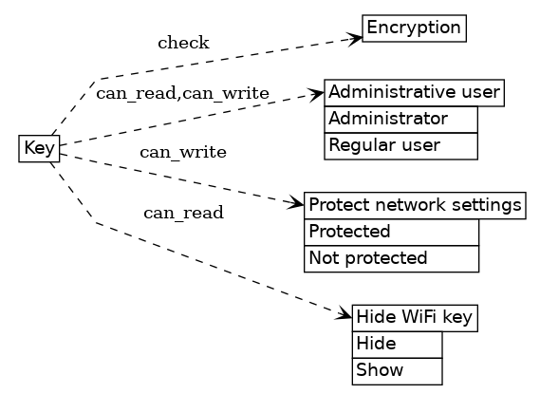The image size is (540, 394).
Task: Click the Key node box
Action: tap(39, 148)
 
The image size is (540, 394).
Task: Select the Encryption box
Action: tap(414, 28)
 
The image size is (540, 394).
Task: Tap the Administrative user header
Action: tap(414, 92)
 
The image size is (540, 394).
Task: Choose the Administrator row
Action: tap(400, 119)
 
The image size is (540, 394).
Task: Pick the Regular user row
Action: tap(400, 145)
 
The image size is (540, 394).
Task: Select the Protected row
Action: tap(391, 232)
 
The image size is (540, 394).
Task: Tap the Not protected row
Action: tap(391, 258)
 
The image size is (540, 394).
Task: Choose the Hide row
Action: tap(397, 344)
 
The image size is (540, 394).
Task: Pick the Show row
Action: tap(397, 370)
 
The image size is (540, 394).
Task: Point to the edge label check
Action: tap(183, 43)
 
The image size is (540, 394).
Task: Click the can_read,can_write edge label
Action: tap(182, 93)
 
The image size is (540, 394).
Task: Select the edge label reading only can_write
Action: tap(183, 152)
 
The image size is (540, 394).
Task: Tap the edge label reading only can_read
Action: tap(183, 213)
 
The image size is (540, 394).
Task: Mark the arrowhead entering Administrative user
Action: tap(318, 94)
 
